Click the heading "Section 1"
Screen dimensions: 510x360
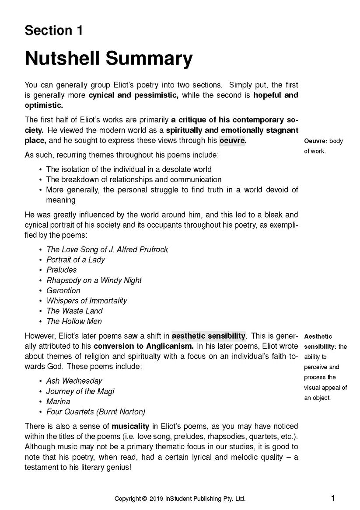pyautogui.click(x=53, y=31)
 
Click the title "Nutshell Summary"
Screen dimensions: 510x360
pyautogui.click(x=108, y=58)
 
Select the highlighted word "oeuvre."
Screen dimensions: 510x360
pyautogui.click(x=233, y=141)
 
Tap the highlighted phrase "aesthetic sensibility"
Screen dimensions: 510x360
pyautogui.click(x=208, y=336)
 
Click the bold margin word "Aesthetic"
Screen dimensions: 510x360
pyautogui.click(x=318, y=337)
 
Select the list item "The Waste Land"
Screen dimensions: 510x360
pyautogui.click(x=74, y=311)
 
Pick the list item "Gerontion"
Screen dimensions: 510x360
pyautogui.click(x=63, y=291)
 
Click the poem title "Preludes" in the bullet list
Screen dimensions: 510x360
pyautogui.click(x=62, y=270)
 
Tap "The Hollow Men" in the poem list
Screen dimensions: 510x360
pyautogui.click(x=74, y=322)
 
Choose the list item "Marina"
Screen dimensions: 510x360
pyautogui.click(x=58, y=402)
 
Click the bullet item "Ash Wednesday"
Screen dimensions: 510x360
pyautogui.click(x=74, y=381)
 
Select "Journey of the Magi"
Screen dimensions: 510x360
pyautogui.click(x=80, y=392)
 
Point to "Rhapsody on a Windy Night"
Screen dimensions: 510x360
pyautogui.click(x=94, y=281)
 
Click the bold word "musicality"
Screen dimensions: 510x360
pyautogui.click(x=130, y=426)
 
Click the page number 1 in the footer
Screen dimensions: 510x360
pyautogui.click(x=333, y=498)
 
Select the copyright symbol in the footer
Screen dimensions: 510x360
pyautogui.click(x=144, y=499)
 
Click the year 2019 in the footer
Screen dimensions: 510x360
pyautogui.click(x=157, y=499)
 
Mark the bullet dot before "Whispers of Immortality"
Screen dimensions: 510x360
pyautogui.click(x=40, y=301)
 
